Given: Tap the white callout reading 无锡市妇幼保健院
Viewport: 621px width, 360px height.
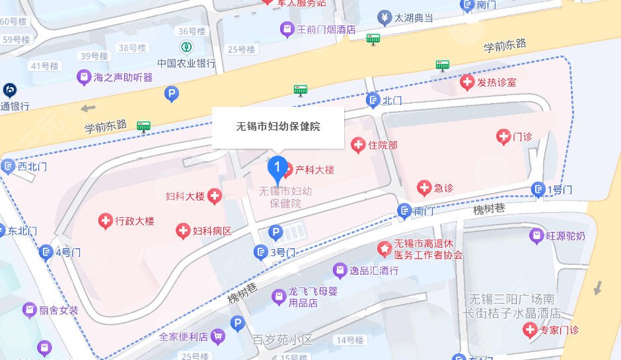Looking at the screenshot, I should click(x=277, y=126).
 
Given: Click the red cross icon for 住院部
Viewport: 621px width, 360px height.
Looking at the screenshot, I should click(x=358, y=145).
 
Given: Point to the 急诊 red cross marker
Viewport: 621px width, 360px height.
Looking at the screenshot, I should click(x=424, y=188).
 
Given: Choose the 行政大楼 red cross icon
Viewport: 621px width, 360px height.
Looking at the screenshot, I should click(x=105, y=221).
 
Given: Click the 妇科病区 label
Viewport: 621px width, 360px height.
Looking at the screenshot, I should click(x=212, y=231).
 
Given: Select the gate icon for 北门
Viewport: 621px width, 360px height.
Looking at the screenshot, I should click(x=373, y=100).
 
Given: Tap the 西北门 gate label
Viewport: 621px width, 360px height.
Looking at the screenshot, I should click(x=32, y=166).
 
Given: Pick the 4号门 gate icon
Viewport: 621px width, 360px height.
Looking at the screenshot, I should click(x=46, y=252).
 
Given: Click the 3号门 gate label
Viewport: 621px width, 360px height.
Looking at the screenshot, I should click(x=283, y=252).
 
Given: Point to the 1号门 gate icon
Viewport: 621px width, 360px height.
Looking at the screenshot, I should click(x=539, y=190).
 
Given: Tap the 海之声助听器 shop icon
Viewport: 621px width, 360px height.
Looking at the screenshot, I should click(x=83, y=77).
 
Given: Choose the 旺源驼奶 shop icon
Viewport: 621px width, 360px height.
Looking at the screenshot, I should click(x=536, y=236).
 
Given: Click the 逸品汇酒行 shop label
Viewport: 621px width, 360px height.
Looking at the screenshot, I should click(x=374, y=270).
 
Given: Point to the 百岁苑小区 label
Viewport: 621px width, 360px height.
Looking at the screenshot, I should click(x=282, y=340).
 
